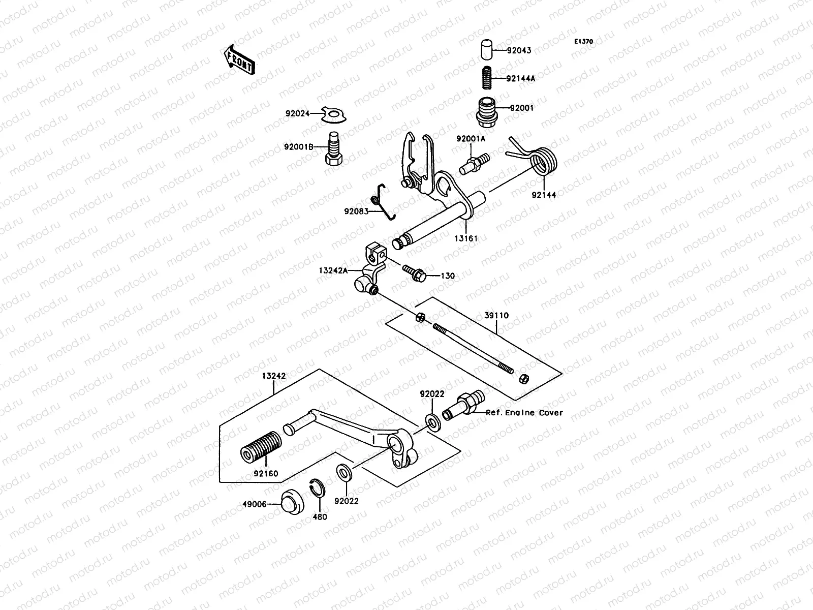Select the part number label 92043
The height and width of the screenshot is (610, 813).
519,50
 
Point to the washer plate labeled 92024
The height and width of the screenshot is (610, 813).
334,115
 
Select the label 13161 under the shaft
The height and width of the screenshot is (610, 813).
466,238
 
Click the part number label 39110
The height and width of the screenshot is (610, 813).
496,316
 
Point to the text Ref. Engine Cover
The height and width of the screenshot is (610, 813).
524,413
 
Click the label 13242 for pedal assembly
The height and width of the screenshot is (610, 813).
274,377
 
